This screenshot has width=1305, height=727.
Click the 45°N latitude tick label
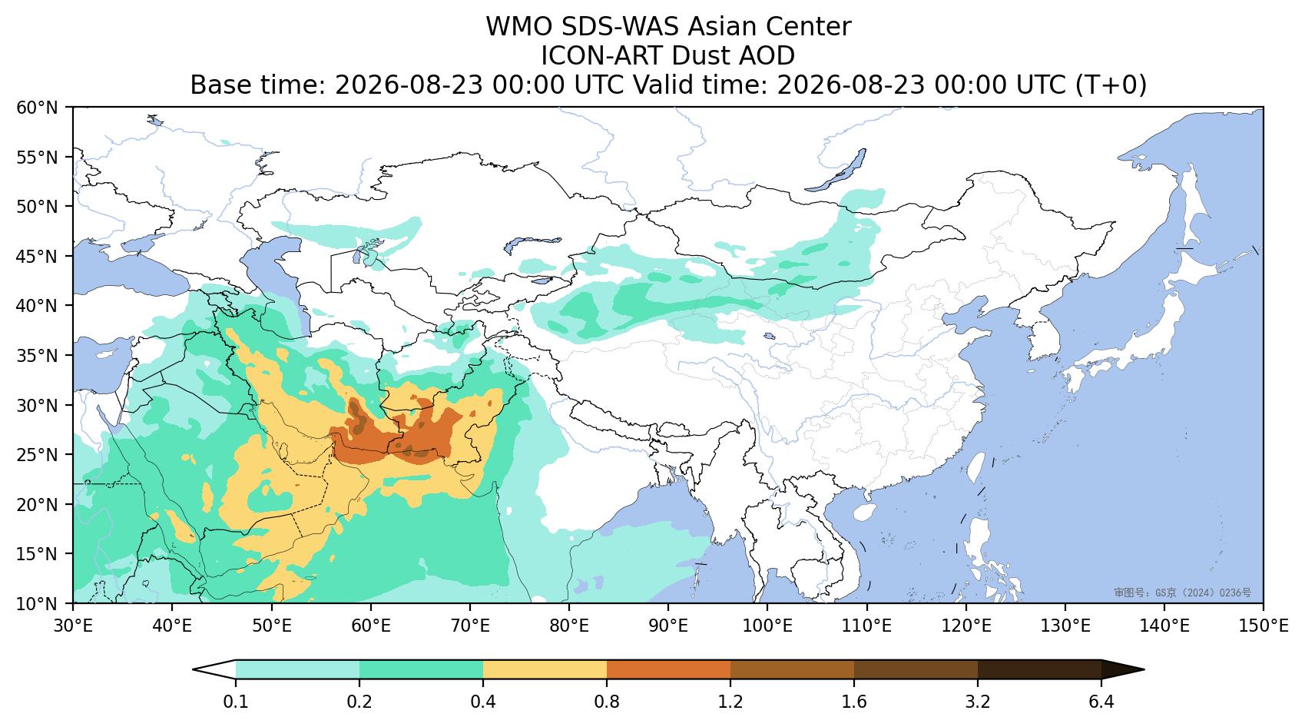click(x=37, y=256)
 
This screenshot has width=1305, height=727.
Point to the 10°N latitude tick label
click(x=37, y=603)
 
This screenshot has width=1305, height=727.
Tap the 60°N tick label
click(x=37, y=108)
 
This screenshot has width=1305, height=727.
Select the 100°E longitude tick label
click(x=767, y=626)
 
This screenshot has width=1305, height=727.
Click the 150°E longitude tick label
click(x=1263, y=626)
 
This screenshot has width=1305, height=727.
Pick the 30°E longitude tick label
click(x=73, y=626)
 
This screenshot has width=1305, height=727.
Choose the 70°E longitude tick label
click(x=469, y=626)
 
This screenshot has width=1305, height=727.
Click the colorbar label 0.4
click(x=483, y=702)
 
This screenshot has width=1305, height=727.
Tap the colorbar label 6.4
click(x=1101, y=702)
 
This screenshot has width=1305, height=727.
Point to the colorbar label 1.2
click(x=730, y=702)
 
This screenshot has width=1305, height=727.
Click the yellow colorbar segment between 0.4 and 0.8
click(x=545, y=669)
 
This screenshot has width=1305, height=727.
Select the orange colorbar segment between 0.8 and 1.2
click(x=669, y=669)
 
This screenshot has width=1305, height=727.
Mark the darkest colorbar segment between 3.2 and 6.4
click(x=1039, y=669)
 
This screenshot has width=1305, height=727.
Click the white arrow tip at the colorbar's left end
click(x=194, y=669)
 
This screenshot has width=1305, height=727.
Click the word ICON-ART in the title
click(x=602, y=56)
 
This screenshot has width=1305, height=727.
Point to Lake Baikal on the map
click(x=836, y=171)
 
